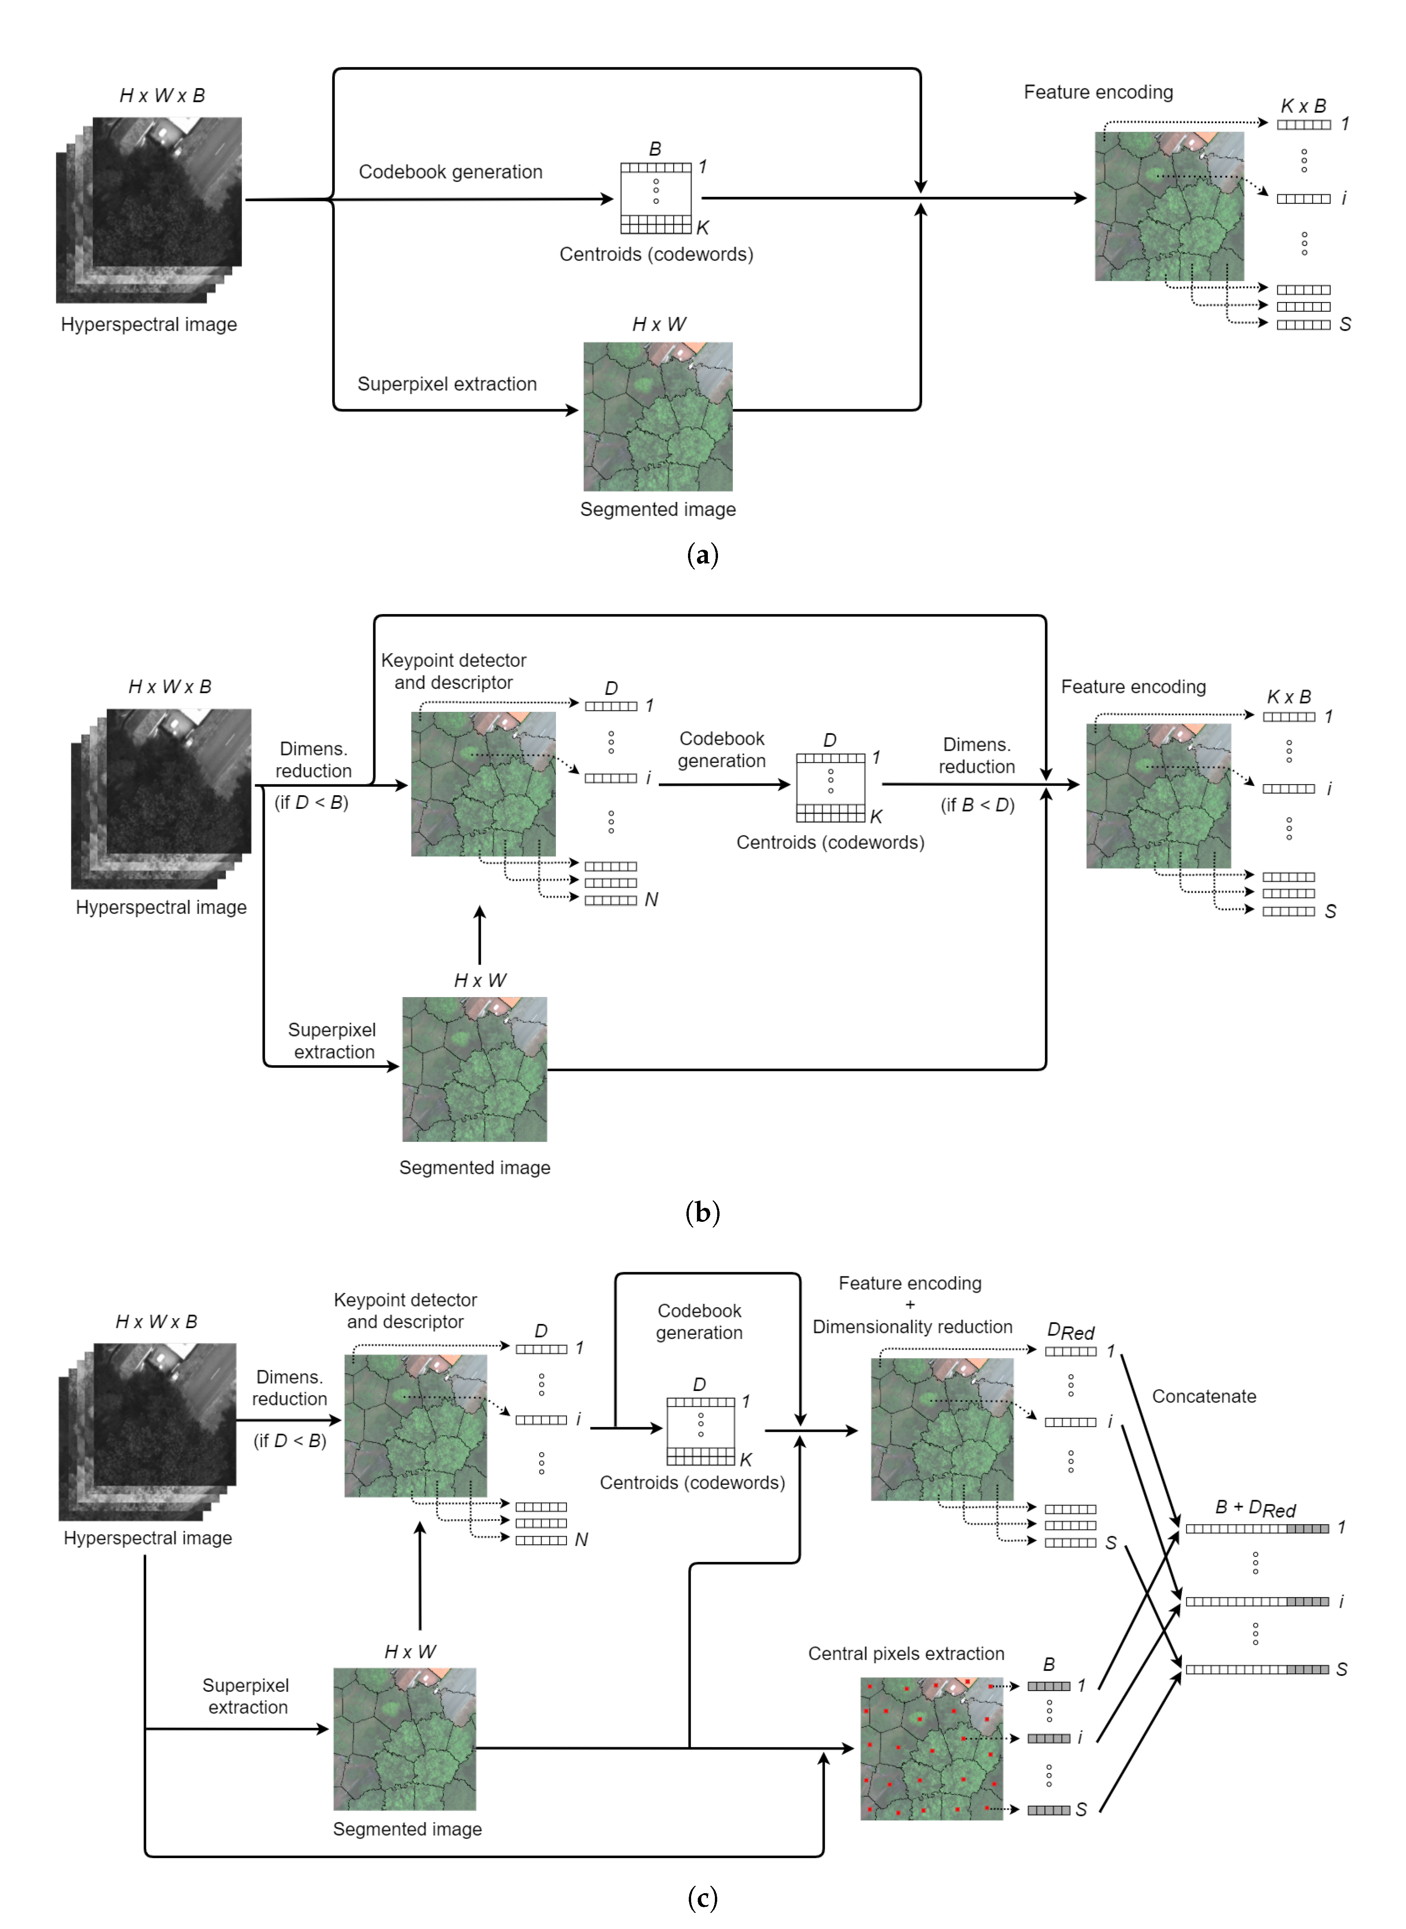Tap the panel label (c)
tap(702, 1897)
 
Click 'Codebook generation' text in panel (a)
tap(450, 172)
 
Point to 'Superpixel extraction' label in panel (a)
tap(447, 384)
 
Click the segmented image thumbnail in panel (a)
tap(658, 416)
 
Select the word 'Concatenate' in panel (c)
tap(1203, 1396)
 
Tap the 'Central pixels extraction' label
tap(905, 1653)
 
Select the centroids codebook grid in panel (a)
tap(655, 198)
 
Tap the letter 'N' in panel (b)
tap(651, 900)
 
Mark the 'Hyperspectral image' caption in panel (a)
tap(149, 324)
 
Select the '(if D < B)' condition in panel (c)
tap(289, 1440)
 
